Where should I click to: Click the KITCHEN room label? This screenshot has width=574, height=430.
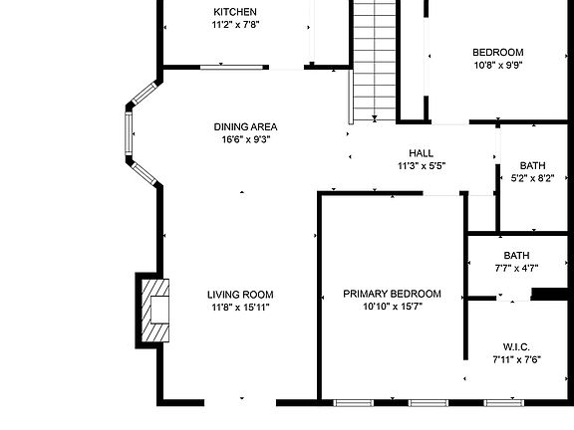[x=227, y=12]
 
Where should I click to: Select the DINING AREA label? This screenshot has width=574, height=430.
[x=245, y=126]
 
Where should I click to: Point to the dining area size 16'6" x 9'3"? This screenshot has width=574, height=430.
[x=245, y=139]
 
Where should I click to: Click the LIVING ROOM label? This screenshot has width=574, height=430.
[x=240, y=295]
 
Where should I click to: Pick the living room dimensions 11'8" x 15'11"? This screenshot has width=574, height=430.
[x=240, y=308]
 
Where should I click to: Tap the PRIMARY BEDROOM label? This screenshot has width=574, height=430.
[x=392, y=294]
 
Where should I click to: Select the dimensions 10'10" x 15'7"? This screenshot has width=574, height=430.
[x=392, y=307]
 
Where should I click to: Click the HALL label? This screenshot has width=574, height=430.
[x=421, y=152]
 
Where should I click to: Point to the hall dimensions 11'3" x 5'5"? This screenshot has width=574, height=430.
[x=421, y=165]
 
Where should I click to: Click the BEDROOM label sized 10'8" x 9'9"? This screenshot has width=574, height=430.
[x=497, y=52]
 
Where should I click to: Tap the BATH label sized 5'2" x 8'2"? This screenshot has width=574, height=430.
[x=532, y=166]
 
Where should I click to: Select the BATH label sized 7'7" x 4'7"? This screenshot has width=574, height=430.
[x=516, y=255]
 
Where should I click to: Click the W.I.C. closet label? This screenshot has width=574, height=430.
[x=516, y=346]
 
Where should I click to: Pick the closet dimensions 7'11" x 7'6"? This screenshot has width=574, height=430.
[x=516, y=359]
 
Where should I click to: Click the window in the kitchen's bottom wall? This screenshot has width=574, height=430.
[x=233, y=68]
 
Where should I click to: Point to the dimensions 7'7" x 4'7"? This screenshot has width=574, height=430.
[x=516, y=268]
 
